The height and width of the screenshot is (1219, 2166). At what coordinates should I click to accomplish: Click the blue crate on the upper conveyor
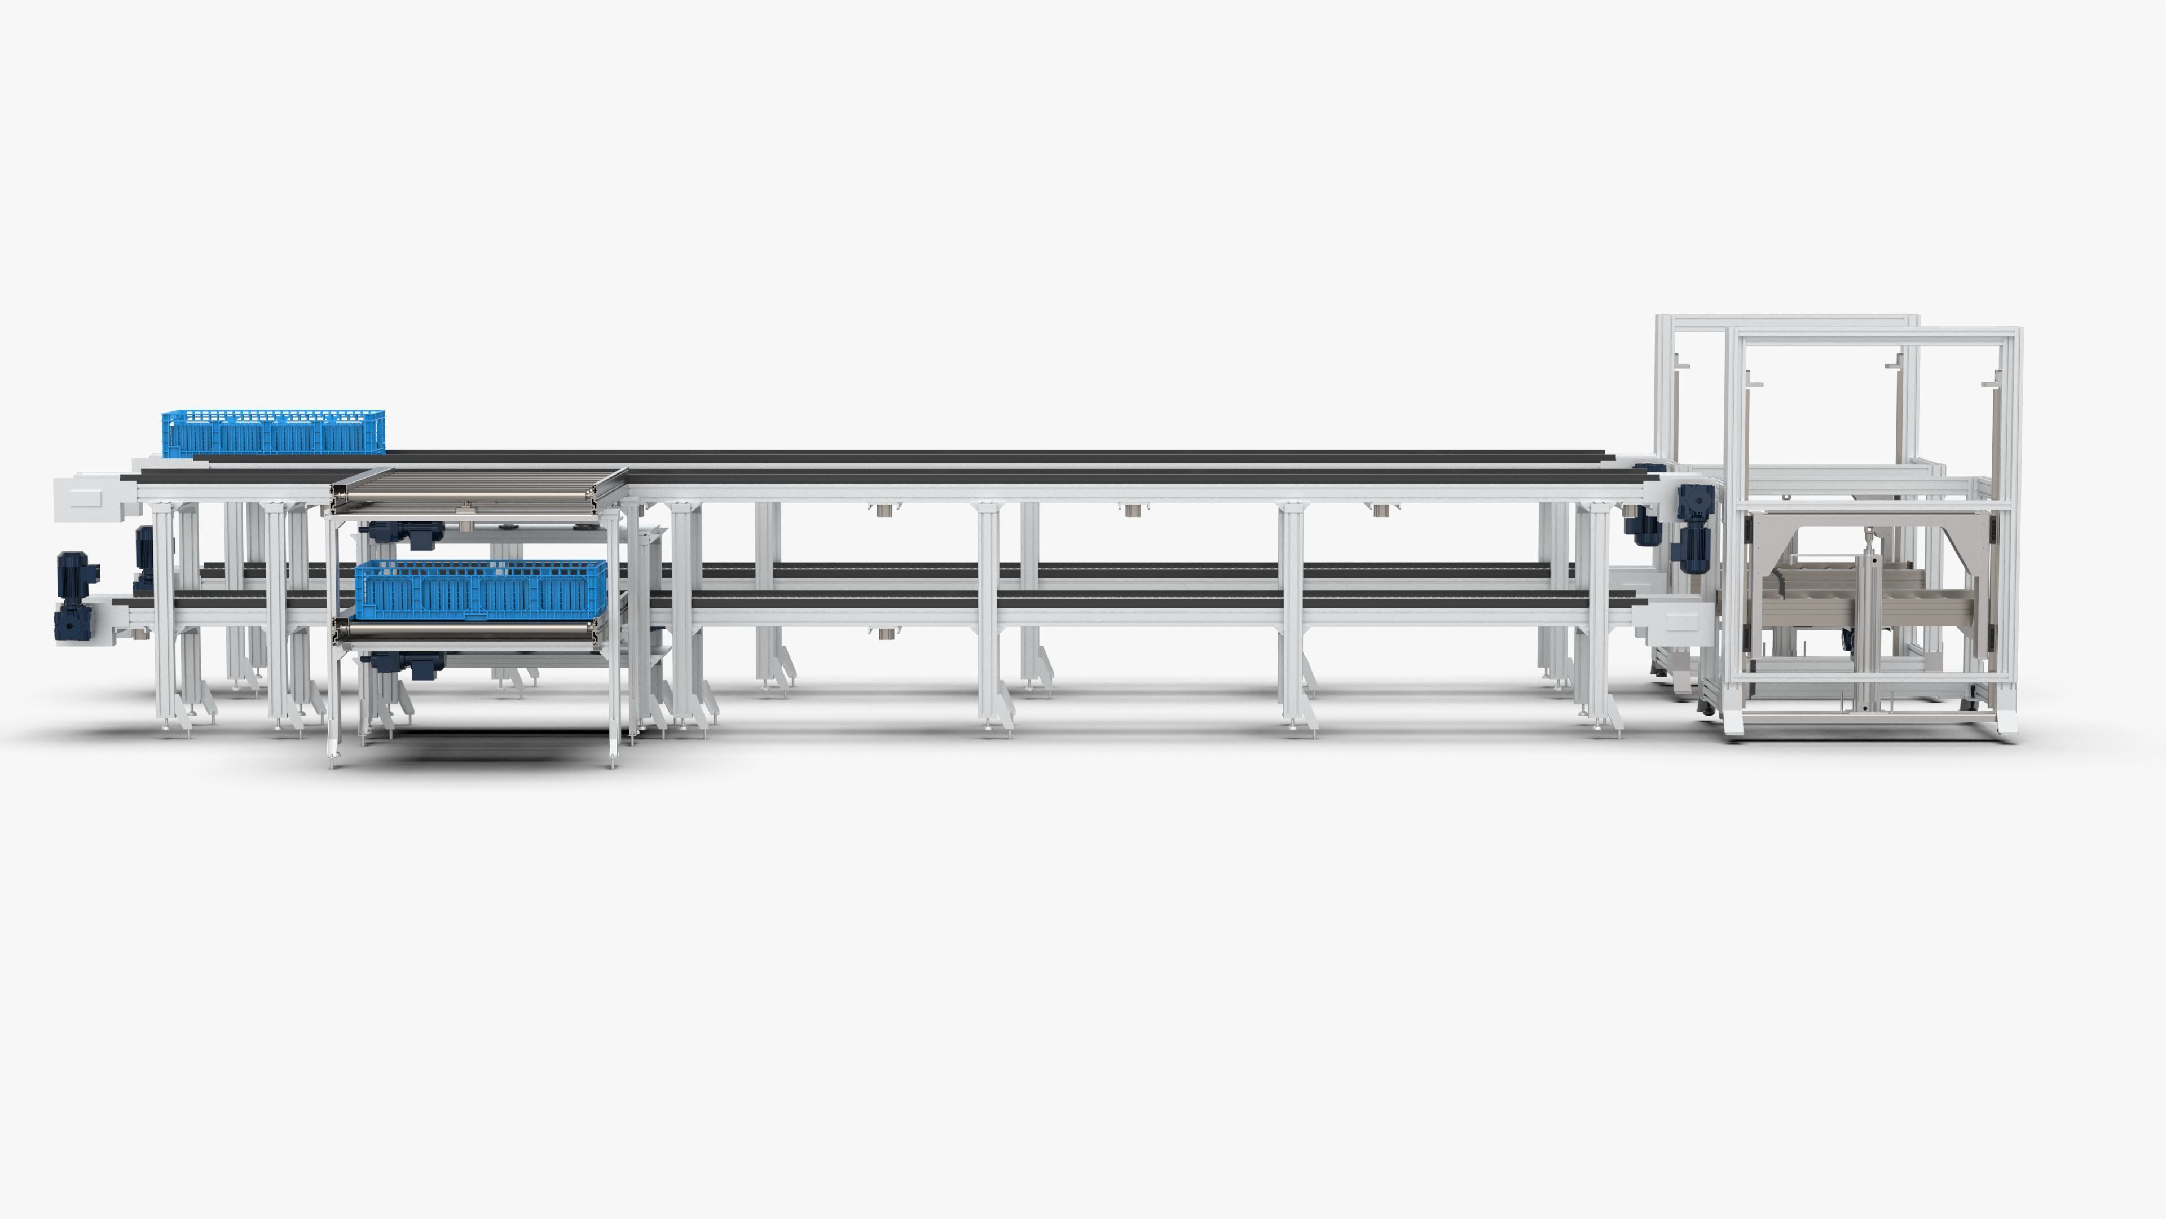pyautogui.click(x=273, y=434)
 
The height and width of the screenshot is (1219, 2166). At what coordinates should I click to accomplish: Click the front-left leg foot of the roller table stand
pyautogui.click(x=334, y=762)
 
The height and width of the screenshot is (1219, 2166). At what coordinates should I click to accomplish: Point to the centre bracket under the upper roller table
pyautogui.click(x=465, y=508)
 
